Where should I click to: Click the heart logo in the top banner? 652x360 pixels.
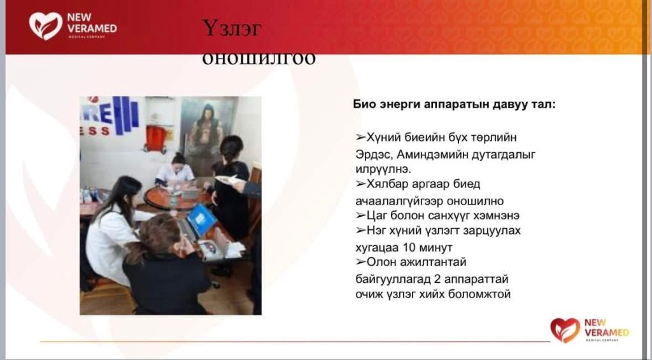pos(46,25)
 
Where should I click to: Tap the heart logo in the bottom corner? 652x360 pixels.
pos(565,330)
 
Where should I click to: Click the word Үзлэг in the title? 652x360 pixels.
pos(232,28)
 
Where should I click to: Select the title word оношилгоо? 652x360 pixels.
pos(259,59)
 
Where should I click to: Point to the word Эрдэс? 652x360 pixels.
pos(374,155)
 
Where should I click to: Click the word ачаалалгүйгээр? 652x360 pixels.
pos(399,201)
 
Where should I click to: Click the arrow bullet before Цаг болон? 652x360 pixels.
pos(360,215)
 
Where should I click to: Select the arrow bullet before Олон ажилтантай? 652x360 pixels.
pos(360,262)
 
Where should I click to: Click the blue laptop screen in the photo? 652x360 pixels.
pos(202,220)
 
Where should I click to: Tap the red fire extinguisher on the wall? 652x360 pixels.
pos(156,139)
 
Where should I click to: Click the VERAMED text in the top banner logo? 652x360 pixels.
pos(92,29)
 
